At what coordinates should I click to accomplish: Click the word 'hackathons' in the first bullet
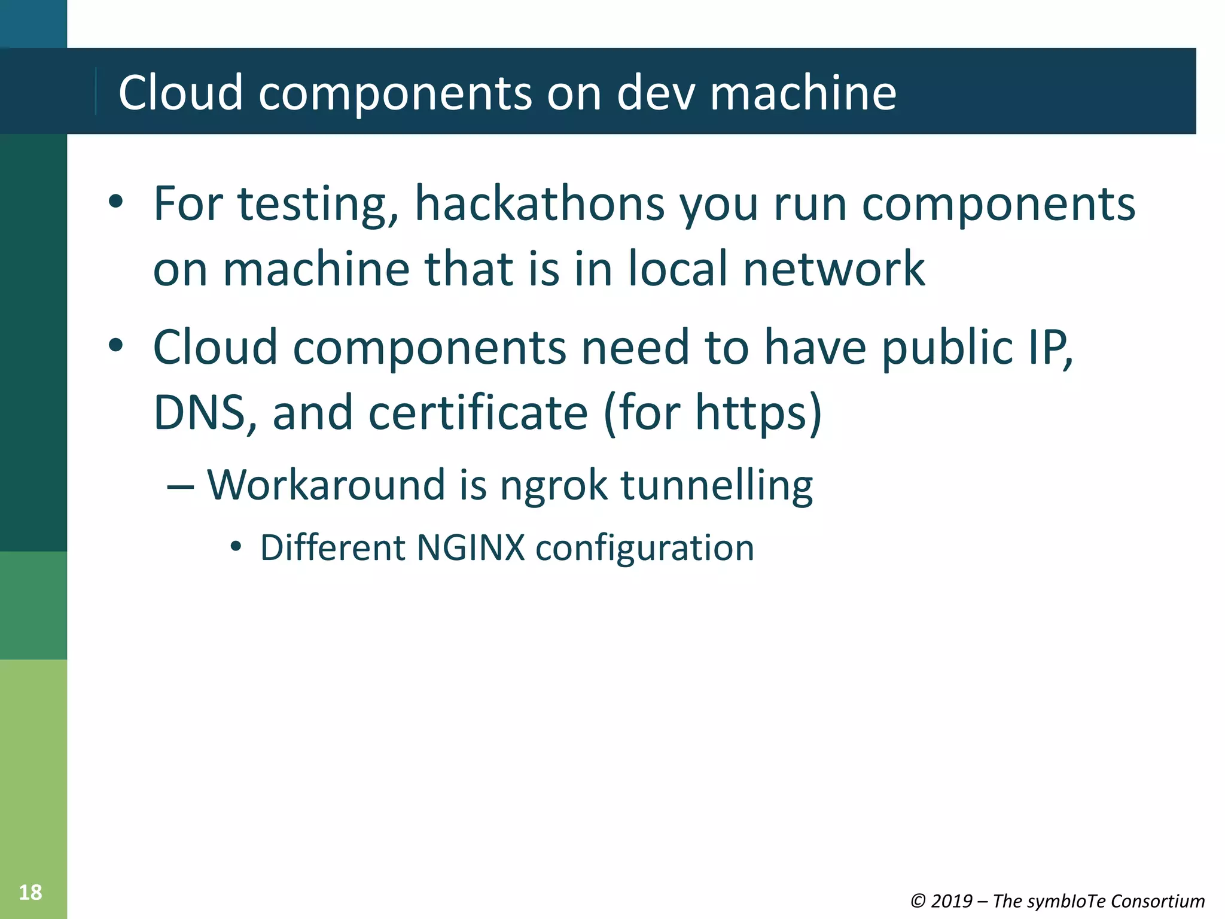(x=540, y=204)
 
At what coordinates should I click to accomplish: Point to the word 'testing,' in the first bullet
(x=318, y=205)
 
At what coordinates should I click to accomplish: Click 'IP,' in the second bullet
(x=1050, y=348)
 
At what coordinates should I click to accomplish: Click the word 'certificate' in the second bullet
(x=478, y=413)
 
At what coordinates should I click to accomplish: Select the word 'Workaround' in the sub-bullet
(x=326, y=485)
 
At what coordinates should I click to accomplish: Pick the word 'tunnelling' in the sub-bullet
(x=717, y=485)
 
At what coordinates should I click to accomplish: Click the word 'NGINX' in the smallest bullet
(x=470, y=547)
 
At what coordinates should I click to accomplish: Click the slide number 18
(x=31, y=892)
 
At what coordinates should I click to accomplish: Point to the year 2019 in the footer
(x=951, y=901)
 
